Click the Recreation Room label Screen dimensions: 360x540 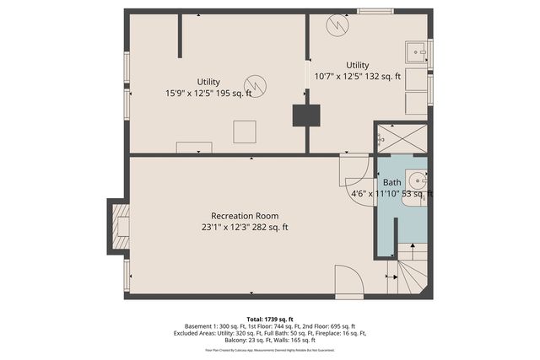coord(245,215)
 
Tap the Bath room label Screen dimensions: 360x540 coord(392,182)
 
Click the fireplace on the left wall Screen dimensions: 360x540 coord(119,225)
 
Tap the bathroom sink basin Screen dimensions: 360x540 coord(416,180)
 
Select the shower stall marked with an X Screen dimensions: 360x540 coord(401,137)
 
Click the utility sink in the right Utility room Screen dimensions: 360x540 coord(416,53)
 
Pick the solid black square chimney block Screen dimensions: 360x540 coord(305,116)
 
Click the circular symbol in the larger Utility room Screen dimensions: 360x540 coord(255,85)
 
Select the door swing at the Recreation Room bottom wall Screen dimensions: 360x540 coord(348,280)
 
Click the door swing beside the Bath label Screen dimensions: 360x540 coord(354,172)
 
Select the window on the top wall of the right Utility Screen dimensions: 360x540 coord(375,11)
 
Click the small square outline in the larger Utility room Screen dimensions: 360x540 coord(245,131)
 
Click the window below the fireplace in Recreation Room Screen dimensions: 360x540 coord(127,275)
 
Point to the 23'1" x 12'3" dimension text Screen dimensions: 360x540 coord(245,227)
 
